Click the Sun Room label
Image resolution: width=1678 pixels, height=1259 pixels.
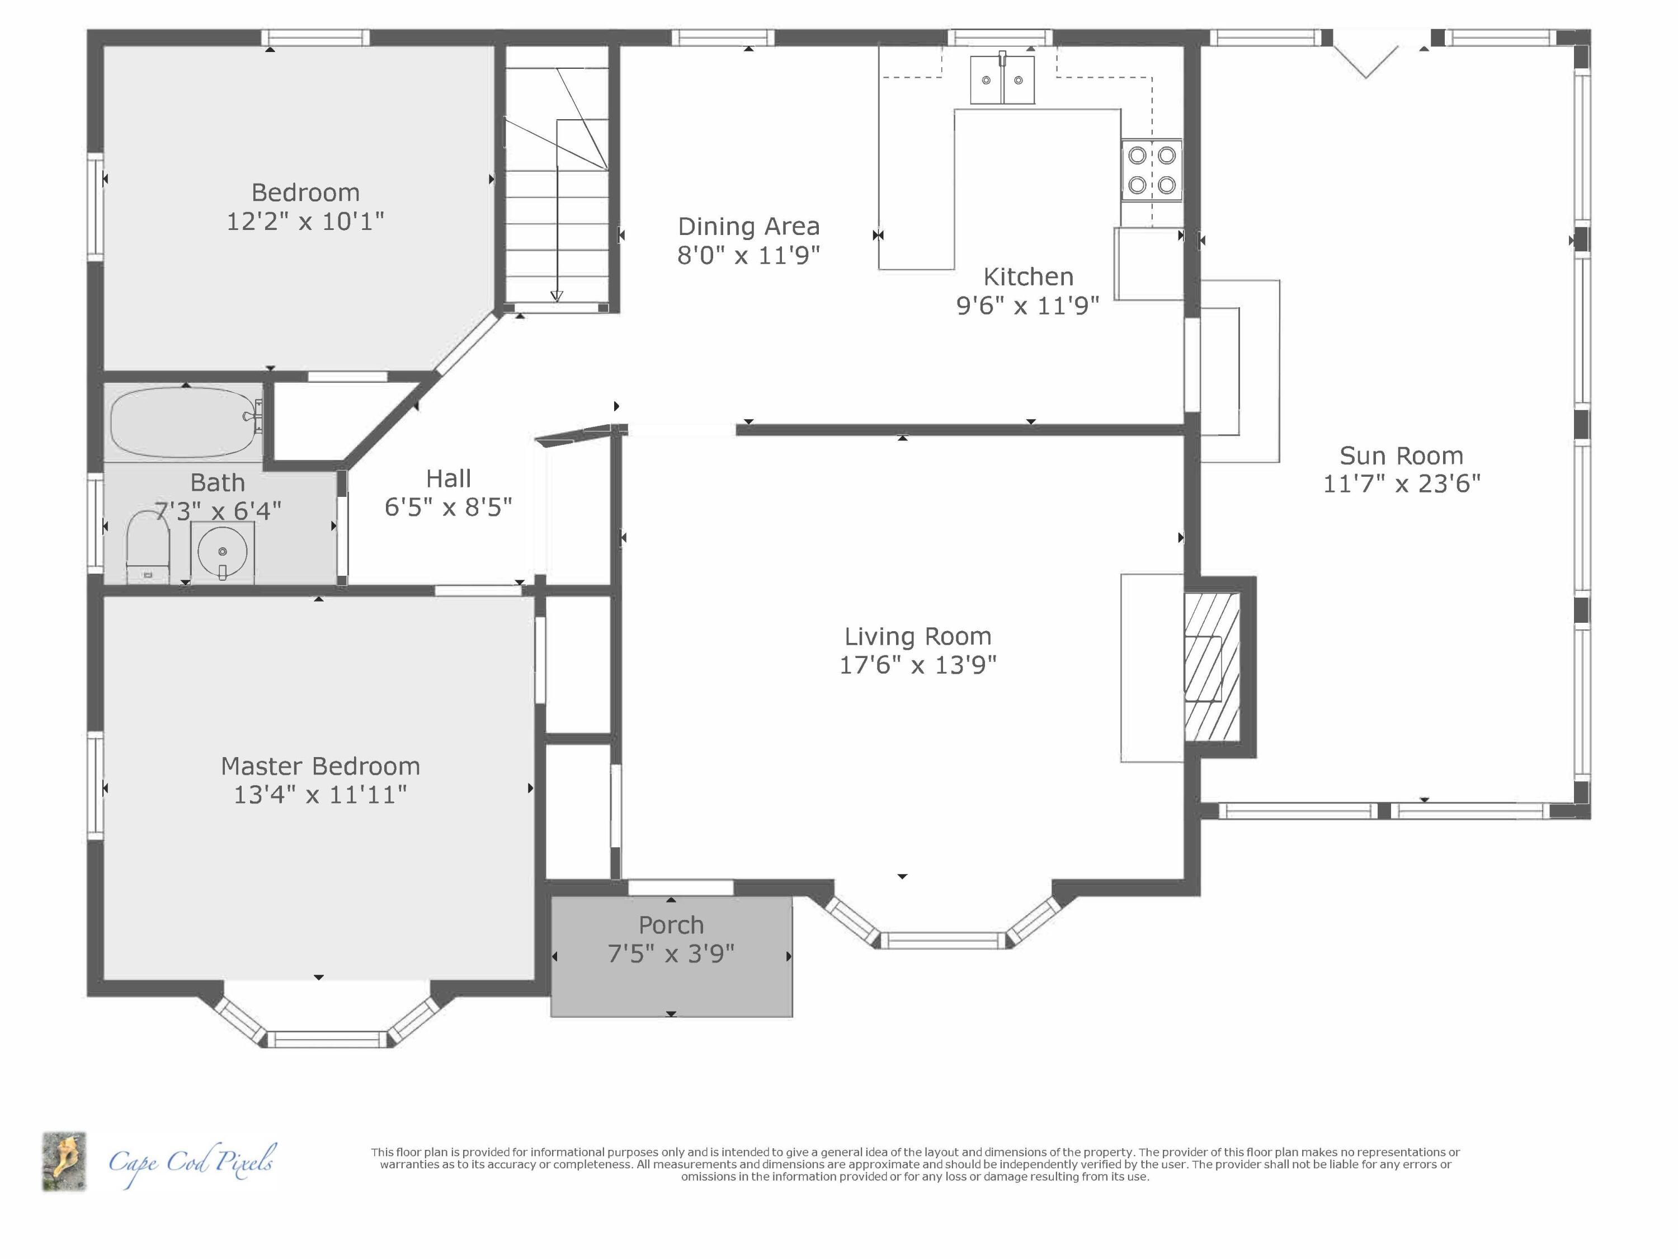(1401, 456)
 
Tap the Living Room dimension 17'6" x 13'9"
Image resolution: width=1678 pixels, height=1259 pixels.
(917, 665)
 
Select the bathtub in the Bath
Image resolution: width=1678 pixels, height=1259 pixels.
(185, 422)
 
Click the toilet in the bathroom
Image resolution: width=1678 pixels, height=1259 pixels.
(147, 544)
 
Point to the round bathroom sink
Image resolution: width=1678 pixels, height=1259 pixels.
(222, 552)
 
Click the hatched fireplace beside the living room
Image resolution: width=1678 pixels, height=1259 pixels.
(1212, 667)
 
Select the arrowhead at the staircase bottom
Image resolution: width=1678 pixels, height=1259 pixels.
(557, 296)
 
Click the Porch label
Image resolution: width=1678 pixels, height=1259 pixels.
(671, 925)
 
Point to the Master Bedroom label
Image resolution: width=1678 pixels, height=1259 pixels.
(320, 767)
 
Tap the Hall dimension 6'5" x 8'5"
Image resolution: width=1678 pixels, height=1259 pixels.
(449, 507)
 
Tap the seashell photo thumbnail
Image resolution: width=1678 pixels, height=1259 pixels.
(64, 1162)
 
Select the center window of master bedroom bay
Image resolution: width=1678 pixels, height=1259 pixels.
(327, 1039)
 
